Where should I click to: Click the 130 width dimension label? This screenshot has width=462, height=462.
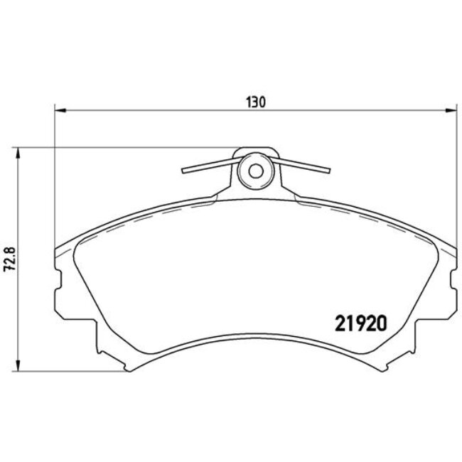(256, 102)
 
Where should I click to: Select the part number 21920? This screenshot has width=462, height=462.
(360, 323)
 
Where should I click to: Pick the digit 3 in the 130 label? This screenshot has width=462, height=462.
(256, 102)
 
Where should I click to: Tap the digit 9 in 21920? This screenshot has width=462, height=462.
(360, 323)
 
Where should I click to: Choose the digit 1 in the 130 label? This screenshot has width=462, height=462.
(249, 102)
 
